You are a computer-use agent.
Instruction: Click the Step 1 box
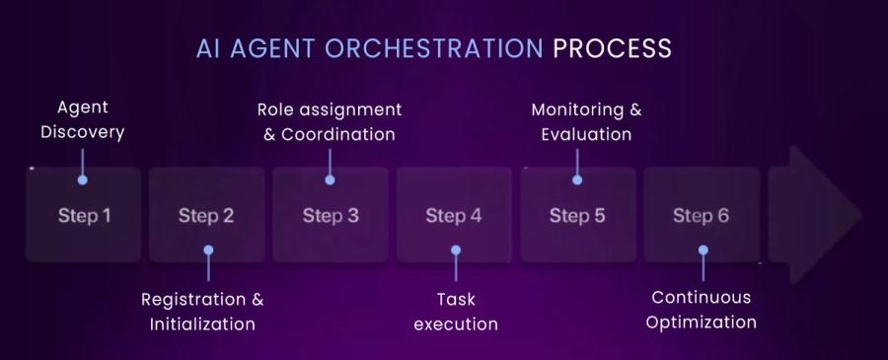[84, 215]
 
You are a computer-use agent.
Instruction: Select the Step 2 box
[206, 215]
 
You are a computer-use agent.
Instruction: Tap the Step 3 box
[331, 215]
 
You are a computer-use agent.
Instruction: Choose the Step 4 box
[454, 215]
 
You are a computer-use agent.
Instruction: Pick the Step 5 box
[577, 215]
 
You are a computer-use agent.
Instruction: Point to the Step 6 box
[702, 215]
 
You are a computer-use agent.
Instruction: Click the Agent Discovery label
[82, 119]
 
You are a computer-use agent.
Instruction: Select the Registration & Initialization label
[202, 311]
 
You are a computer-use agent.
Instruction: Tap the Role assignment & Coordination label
[330, 121]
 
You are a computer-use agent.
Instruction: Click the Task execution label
[455, 311]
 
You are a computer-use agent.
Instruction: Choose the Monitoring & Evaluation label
[586, 121]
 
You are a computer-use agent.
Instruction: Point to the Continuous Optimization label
[703, 310]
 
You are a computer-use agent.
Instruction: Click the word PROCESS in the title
[612, 48]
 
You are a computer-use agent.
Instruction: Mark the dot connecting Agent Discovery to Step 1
[83, 180]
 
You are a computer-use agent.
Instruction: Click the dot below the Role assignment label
[330, 180]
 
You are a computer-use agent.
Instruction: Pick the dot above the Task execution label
[455, 251]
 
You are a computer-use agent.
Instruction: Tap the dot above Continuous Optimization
[703, 251]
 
